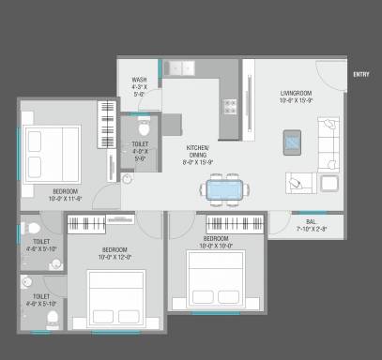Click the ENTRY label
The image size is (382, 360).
(361, 73)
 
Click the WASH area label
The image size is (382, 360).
(139, 80)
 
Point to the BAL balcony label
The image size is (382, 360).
(310, 221)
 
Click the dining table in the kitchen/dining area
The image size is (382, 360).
(224, 189)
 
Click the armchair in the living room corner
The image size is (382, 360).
(331, 184)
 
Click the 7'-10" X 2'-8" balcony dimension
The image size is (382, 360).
(310, 229)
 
